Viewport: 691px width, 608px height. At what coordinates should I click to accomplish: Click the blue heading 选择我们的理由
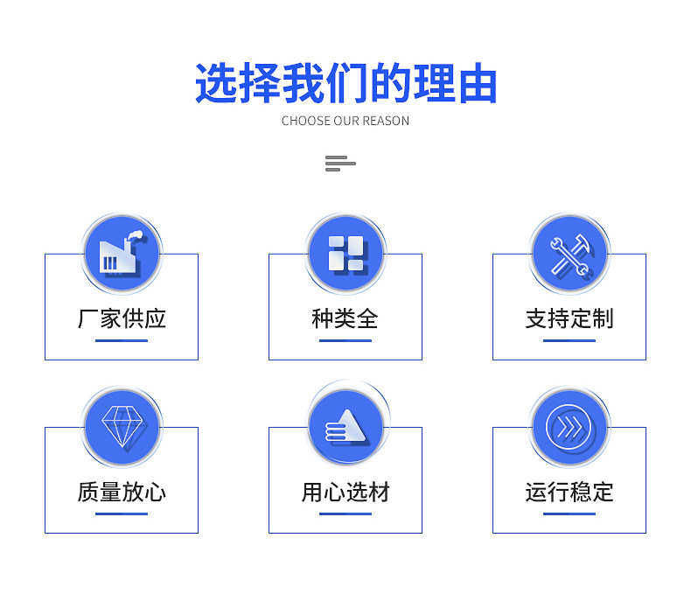(346, 83)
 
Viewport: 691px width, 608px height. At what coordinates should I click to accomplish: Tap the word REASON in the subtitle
(386, 121)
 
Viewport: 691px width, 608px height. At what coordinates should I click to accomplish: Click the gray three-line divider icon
(340, 164)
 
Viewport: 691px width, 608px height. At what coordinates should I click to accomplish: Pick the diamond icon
(122, 426)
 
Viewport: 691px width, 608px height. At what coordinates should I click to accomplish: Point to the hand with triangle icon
(346, 426)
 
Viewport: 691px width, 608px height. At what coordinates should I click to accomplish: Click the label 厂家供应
(122, 318)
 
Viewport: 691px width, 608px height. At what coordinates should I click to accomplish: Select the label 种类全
(345, 318)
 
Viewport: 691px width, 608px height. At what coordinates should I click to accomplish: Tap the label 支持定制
(569, 318)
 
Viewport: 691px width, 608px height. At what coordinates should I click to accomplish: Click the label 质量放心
(122, 492)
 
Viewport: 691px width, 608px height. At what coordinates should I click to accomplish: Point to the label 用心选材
(345, 492)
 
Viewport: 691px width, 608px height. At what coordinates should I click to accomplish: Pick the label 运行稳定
(569, 492)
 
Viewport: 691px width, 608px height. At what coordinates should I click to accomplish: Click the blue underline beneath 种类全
(345, 340)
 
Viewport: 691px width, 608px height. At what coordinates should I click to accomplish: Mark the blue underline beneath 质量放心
(122, 514)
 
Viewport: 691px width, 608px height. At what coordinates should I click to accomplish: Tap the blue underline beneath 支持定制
(569, 340)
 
